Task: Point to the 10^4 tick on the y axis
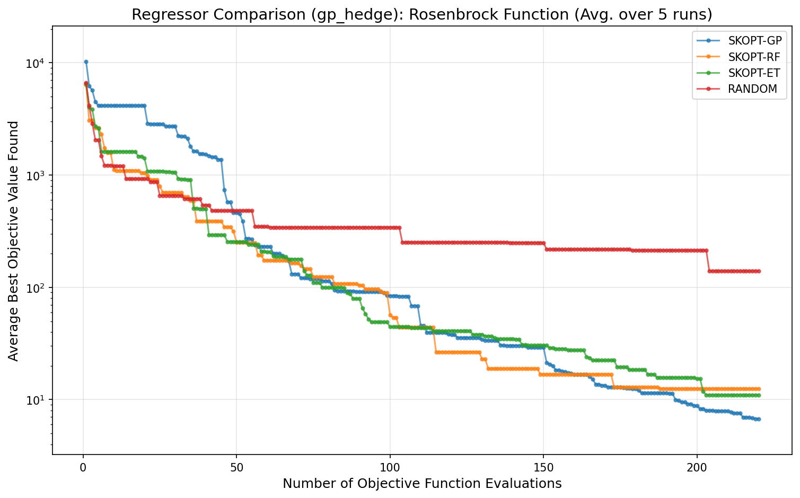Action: point(37,63)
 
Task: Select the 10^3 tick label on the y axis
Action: point(37,176)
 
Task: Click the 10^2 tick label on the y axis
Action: point(37,287)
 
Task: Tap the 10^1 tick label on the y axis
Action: point(37,400)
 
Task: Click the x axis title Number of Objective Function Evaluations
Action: point(422,483)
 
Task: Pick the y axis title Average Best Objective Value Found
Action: point(14,241)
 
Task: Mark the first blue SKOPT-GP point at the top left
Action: point(86,62)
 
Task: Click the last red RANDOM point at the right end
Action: point(759,271)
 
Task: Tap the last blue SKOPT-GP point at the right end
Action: point(759,419)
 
